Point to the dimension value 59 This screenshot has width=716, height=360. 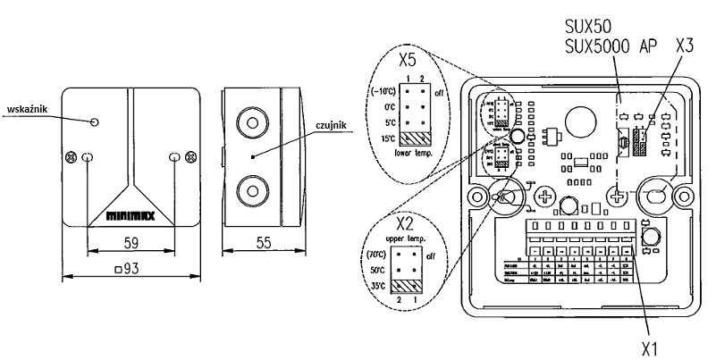[x=131, y=240]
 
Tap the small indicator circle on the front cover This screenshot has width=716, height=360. [x=95, y=121]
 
